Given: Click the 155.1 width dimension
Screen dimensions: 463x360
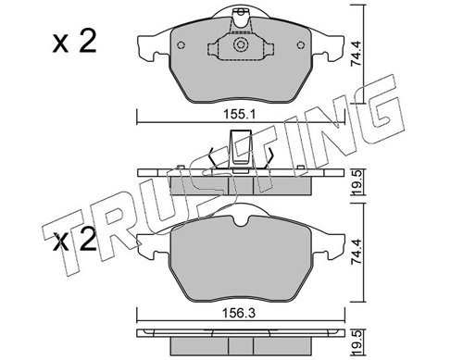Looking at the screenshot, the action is (240, 115).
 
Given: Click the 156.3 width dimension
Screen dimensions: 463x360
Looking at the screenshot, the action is (240, 314).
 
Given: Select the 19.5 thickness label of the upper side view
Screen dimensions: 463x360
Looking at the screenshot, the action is (358, 182).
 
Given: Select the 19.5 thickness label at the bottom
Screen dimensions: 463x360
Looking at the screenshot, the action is (358, 342).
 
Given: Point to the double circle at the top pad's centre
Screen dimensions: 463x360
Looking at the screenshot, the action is (241, 45).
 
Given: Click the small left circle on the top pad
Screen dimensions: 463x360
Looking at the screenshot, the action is (181, 45).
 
